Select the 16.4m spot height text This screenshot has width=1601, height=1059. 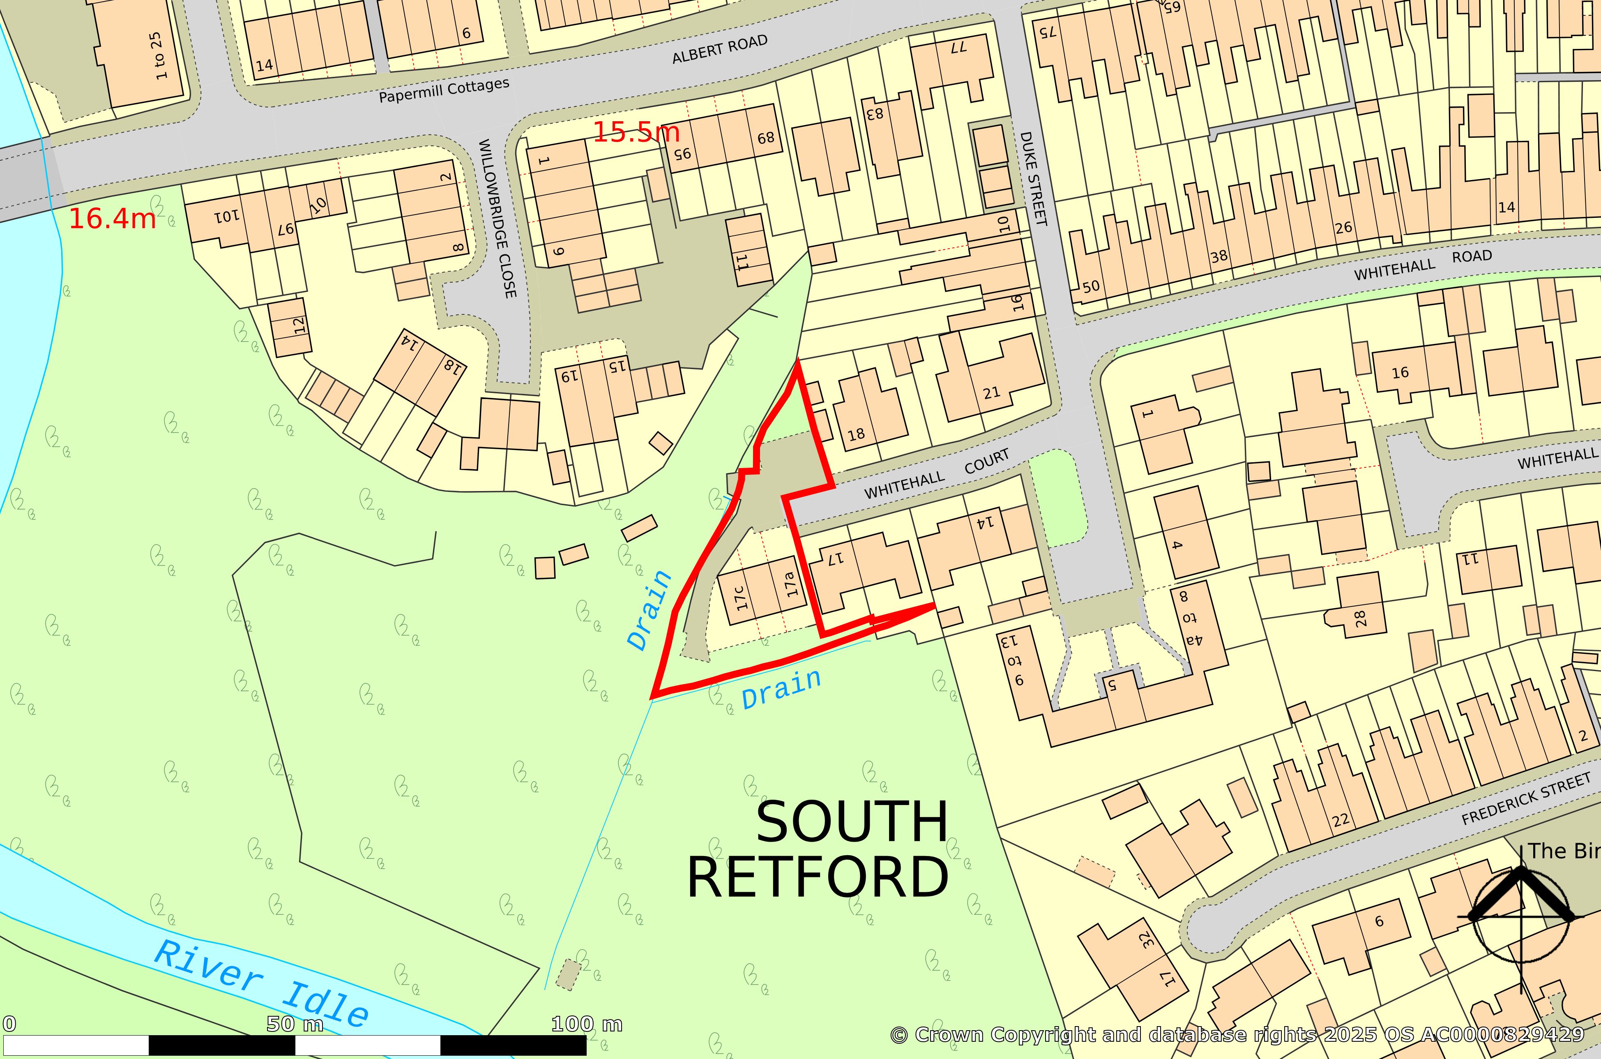(x=112, y=218)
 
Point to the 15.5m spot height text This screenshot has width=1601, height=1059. (x=636, y=132)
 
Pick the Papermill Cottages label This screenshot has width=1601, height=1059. (x=444, y=90)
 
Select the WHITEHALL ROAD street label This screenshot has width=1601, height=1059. (x=1422, y=265)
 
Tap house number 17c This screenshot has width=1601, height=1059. (x=740, y=598)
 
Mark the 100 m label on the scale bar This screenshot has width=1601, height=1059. (x=586, y=1024)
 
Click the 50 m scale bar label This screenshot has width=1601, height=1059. (x=295, y=1024)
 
